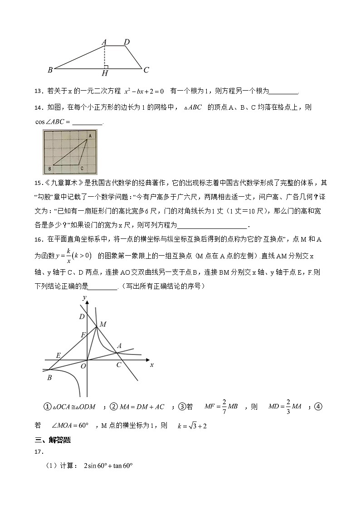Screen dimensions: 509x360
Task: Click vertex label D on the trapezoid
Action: pos(127,42)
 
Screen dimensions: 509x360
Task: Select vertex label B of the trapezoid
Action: pos(50,70)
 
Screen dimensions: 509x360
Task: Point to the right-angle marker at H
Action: pos(106,67)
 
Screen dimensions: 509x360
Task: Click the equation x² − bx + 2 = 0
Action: pos(144,91)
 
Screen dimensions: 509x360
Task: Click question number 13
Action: pos(38,92)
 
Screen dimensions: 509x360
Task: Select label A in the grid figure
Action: pos(90,136)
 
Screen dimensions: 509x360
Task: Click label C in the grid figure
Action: pos(81,169)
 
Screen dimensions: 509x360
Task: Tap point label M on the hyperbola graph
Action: pos(103,324)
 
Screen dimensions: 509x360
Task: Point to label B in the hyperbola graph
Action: pos(49,378)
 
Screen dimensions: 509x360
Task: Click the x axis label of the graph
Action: pos(151,364)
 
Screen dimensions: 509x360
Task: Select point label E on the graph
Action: pos(58,355)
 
